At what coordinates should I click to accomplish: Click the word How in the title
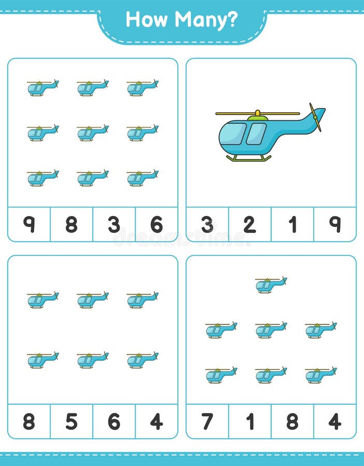(147, 20)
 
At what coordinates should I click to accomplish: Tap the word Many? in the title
(206, 20)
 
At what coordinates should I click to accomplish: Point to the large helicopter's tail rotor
(315, 116)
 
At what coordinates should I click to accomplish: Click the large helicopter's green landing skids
(249, 158)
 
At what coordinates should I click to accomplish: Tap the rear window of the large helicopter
(256, 134)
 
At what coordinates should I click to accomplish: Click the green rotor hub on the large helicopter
(257, 118)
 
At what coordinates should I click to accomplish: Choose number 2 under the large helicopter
(250, 224)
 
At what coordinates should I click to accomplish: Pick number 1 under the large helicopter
(293, 224)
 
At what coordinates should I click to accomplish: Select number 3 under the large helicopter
(207, 224)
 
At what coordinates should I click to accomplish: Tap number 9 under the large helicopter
(335, 224)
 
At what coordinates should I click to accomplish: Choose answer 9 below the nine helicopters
(29, 224)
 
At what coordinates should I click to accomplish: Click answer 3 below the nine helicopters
(114, 224)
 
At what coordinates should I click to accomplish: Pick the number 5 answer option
(71, 421)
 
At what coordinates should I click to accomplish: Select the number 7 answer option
(207, 421)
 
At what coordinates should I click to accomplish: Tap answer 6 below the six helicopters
(114, 421)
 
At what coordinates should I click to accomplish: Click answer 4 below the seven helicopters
(335, 421)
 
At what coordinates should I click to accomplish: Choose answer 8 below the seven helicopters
(293, 421)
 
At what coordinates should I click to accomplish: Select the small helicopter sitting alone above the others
(271, 284)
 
